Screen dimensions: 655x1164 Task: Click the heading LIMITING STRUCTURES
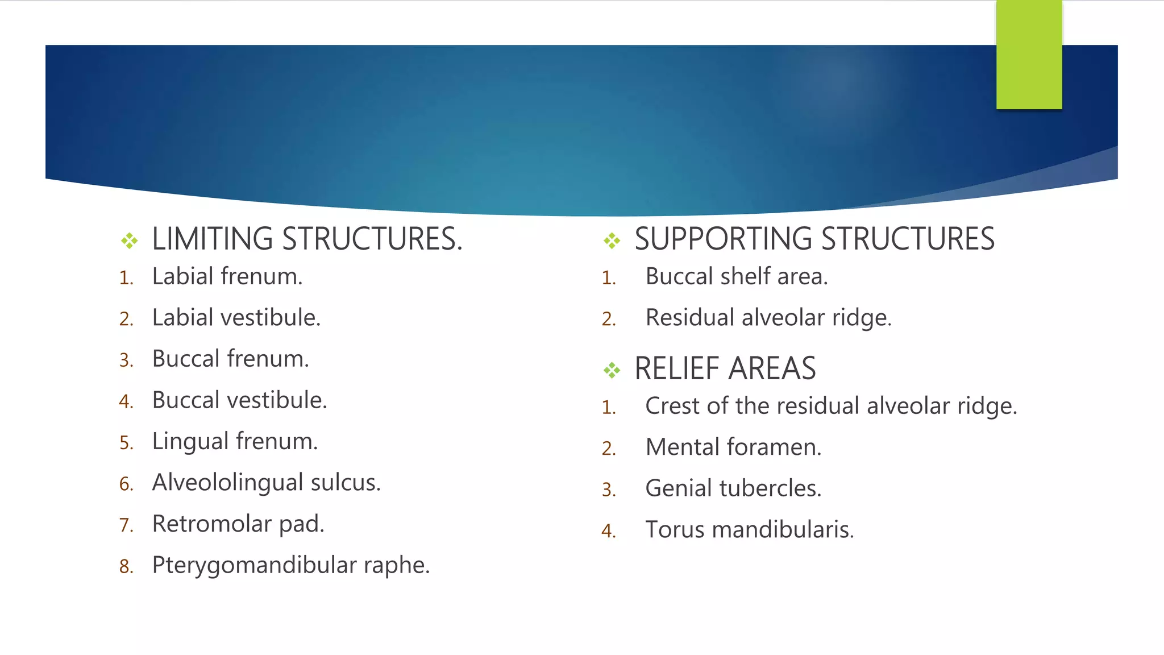(x=307, y=239)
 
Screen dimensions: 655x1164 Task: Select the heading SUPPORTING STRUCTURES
(x=814, y=239)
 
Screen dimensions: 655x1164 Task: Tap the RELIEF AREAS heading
(x=725, y=368)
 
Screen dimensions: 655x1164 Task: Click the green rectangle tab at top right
(x=1029, y=55)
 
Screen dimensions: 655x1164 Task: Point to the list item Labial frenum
(x=227, y=277)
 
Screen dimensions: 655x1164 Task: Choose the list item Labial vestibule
(x=236, y=318)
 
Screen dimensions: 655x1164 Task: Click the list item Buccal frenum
(x=230, y=359)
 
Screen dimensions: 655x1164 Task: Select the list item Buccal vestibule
(x=239, y=400)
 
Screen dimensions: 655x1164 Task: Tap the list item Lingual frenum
(x=235, y=442)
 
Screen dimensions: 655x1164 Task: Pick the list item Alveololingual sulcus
(x=266, y=483)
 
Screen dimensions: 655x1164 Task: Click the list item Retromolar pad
(x=238, y=524)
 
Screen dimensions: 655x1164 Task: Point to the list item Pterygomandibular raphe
(x=291, y=565)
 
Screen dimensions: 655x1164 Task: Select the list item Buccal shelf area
(x=737, y=277)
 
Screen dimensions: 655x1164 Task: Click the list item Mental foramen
(x=733, y=447)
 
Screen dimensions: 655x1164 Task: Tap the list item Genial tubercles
(x=733, y=488)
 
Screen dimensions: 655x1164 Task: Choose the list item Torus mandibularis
(x=750, y=530)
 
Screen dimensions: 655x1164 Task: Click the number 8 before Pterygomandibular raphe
(x=125, y=567)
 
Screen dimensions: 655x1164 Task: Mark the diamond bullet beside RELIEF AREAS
(x=612, y=371)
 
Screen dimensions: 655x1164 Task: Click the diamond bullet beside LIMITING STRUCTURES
(x=130, y=241)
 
